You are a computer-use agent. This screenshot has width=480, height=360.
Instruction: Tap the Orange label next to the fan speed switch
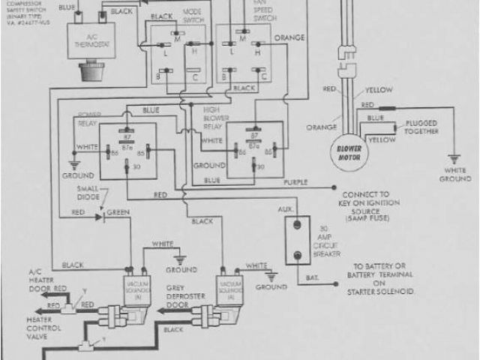tap(288, 36)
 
